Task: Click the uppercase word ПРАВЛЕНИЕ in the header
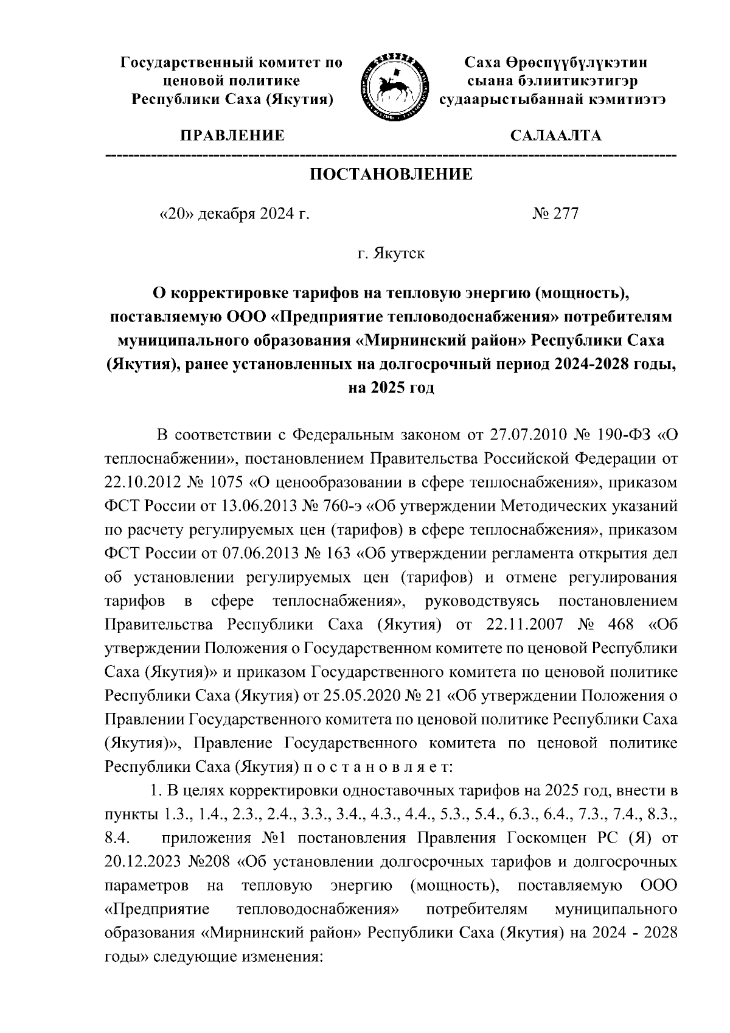(x=231, y=136)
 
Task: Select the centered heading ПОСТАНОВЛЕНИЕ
(x=391, y=175)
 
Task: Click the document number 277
(x=566, y=214)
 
